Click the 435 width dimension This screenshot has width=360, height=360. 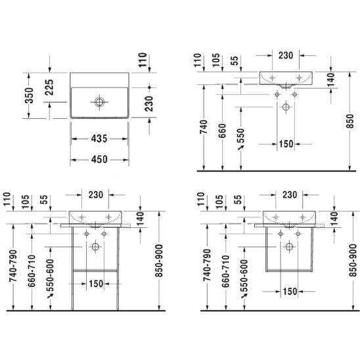click(99, 139)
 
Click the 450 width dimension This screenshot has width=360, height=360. click(99, 160)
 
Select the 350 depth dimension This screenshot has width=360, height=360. click(30, 95)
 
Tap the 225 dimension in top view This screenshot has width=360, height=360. click(49, 87)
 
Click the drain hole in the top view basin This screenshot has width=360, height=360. click(99, 102)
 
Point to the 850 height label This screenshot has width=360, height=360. click(350, 122)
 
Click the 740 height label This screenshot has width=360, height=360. click(204, 127)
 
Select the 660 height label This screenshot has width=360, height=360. click(222, 131)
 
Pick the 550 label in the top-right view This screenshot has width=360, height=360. click(241, 136)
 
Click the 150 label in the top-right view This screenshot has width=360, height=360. click(286, 144)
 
